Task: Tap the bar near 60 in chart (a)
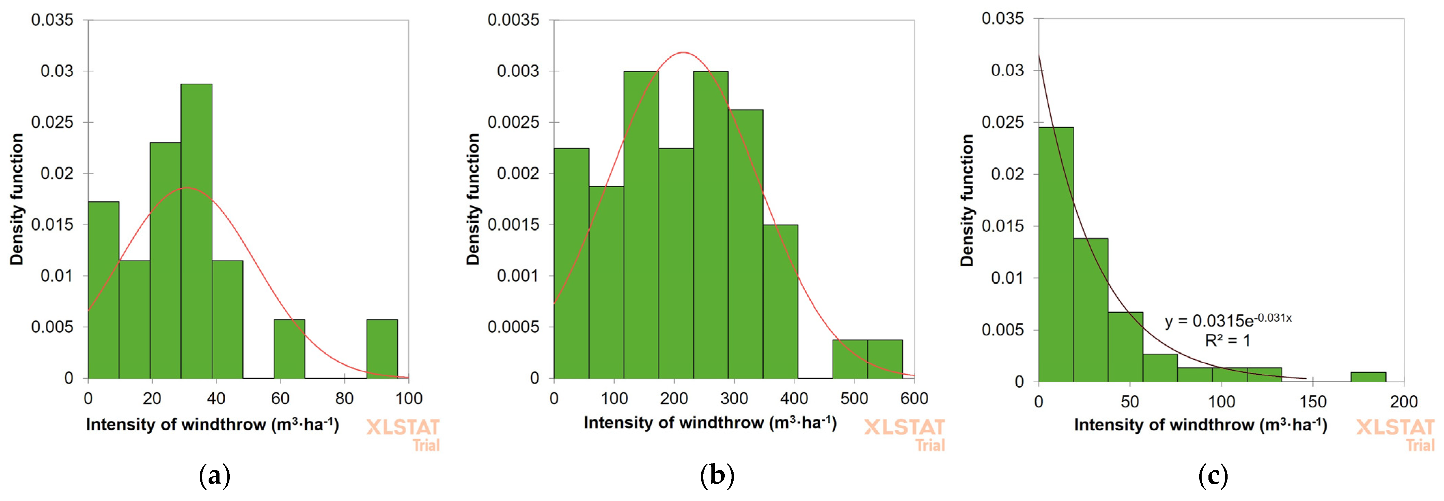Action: pos(289,348)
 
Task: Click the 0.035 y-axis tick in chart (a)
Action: pos(52,20)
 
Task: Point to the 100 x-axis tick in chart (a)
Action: pos(409,399)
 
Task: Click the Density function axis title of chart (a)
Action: pos(17,199)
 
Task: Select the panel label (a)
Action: pos(215,476)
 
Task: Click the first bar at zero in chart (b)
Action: pos(571,263)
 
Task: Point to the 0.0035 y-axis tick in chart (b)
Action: pos(513,20)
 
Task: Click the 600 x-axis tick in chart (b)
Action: pos(914,399)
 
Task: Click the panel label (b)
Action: pos(717,476)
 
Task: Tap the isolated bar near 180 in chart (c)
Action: pos(1368,376)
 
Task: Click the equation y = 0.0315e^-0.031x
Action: pos(1228,320)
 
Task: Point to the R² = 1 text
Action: pos(1228,341)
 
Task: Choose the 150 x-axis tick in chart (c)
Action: pos(1313,402)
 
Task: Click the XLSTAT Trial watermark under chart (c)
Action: pos(1395,434)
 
